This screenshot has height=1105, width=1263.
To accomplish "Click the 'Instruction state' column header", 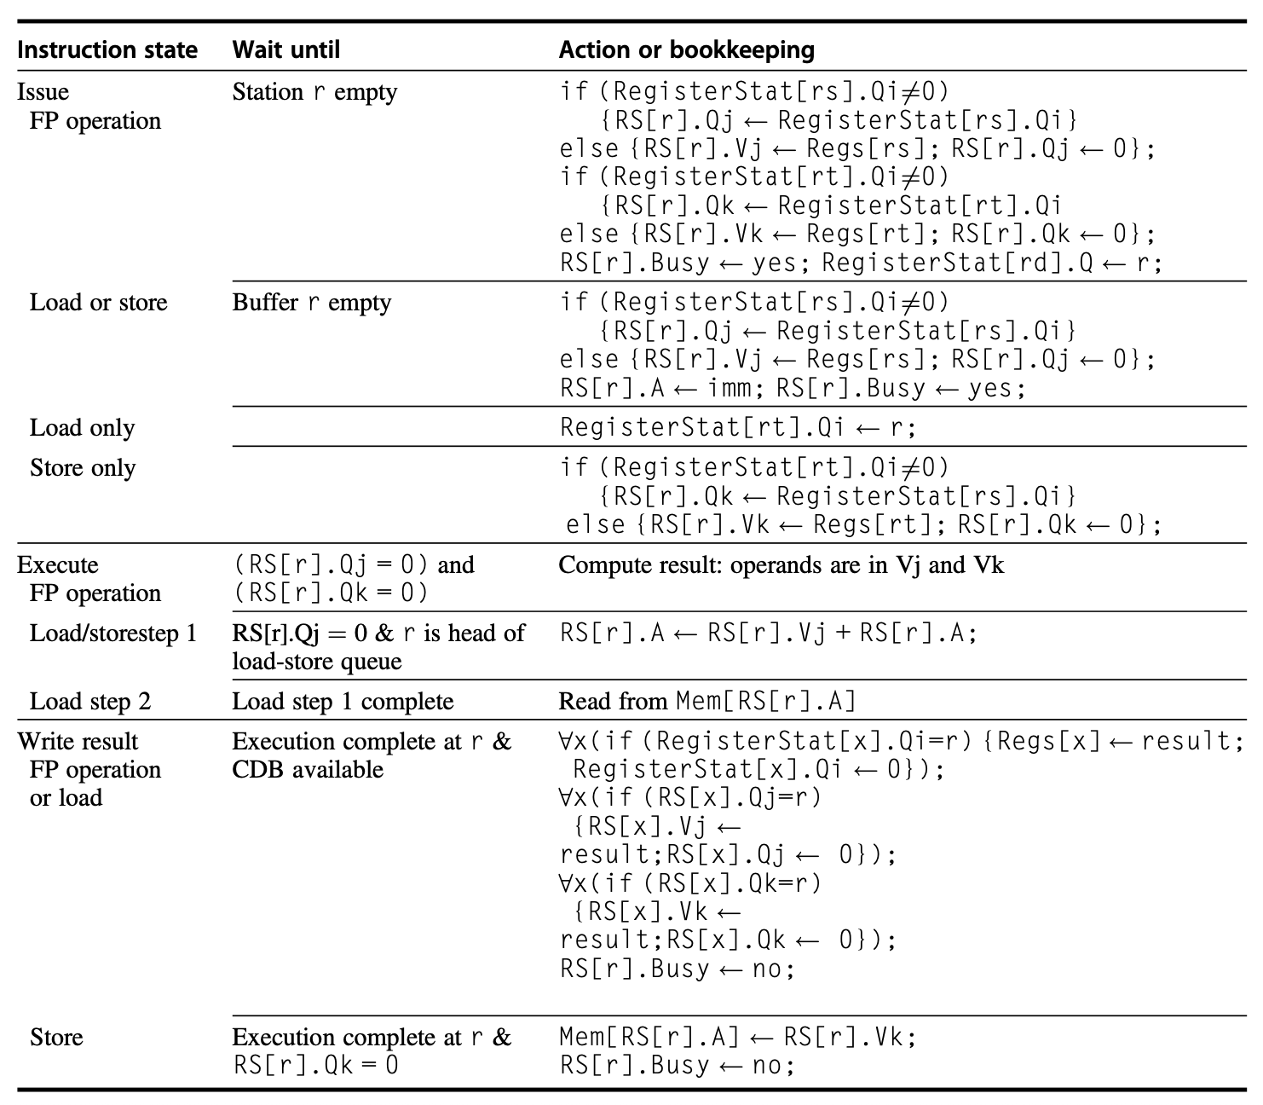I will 107,49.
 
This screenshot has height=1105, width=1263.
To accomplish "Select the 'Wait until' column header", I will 285,49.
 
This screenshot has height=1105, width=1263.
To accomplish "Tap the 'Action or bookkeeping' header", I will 686,49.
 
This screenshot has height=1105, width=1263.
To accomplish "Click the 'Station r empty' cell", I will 314,91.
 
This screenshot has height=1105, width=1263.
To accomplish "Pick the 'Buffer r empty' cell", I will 312,302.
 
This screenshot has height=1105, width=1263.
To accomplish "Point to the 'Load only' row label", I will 82,427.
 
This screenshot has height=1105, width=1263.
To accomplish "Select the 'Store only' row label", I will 83,467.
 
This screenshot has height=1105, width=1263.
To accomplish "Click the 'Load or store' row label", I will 98,302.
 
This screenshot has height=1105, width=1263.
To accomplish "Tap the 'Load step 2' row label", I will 90,701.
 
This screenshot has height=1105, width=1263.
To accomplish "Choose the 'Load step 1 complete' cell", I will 343,701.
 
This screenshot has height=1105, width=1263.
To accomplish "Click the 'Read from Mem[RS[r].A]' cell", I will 707,701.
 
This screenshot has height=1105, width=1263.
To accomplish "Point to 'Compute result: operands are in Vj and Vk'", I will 781,564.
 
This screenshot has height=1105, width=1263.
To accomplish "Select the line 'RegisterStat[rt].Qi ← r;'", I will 738,427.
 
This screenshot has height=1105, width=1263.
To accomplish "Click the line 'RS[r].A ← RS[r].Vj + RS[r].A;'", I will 769,633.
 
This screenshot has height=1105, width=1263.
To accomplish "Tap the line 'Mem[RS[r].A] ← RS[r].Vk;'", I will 738,1037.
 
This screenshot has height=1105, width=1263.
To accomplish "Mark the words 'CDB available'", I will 308,769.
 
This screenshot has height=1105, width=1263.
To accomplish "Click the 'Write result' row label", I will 78,741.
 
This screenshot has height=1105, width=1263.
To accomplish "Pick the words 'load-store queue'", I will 316,661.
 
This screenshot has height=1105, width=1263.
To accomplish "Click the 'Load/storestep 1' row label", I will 112,633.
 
